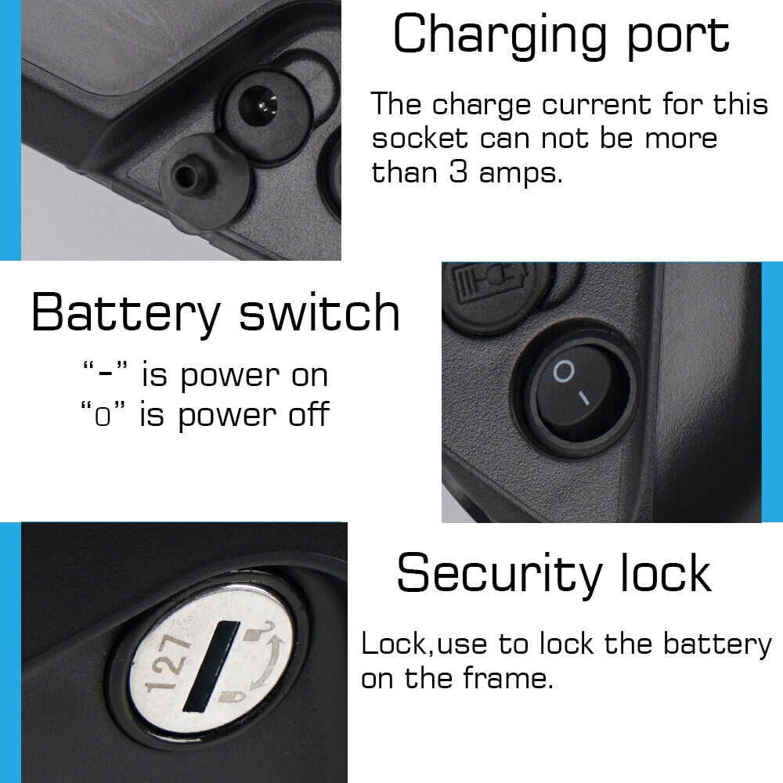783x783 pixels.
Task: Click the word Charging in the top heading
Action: [500, 35]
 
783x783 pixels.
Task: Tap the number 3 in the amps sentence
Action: [458, 171]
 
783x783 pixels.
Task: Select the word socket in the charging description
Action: [420, 138]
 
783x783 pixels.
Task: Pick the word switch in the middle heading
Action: [319, 312]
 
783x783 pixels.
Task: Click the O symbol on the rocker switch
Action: [564, 371]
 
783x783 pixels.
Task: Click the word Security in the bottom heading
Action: [499, 574]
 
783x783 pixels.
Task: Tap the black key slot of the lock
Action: [211, 666]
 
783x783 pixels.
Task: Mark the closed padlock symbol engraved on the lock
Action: [231, 695]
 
